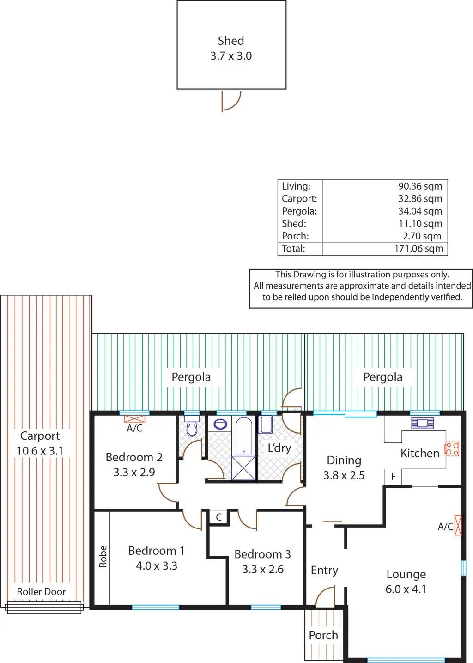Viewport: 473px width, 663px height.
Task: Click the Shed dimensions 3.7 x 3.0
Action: [231, 56]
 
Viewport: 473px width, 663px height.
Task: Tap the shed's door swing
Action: [231, 101]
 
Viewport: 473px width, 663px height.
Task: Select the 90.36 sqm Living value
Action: [420, 186]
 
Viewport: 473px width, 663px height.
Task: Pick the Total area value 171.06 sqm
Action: [418, 248]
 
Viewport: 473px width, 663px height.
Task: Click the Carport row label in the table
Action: [299, 198]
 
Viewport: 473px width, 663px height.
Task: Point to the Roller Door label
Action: [41, 591]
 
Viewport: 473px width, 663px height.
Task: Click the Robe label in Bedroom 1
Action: [103, 556]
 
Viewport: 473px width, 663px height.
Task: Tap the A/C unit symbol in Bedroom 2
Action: [134, 419]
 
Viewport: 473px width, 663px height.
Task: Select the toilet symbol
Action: [192, 428]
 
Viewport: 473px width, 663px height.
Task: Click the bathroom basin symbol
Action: [220, 424]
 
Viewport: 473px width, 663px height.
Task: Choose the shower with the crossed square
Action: [243, 467]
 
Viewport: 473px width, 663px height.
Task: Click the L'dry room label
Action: [279, 448]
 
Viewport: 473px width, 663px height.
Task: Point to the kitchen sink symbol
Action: [422, 423]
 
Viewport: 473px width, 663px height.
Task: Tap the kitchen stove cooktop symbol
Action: [452, 449]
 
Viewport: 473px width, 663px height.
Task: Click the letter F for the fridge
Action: [393, 476]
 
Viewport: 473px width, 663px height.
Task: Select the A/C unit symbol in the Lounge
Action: [458, 526]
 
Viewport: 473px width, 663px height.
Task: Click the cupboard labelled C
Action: [219, 517]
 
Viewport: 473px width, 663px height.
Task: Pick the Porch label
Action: [323, 635]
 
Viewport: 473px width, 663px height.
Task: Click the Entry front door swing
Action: [325, 597]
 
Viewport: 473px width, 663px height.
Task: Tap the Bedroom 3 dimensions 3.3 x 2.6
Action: [263, 569]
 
